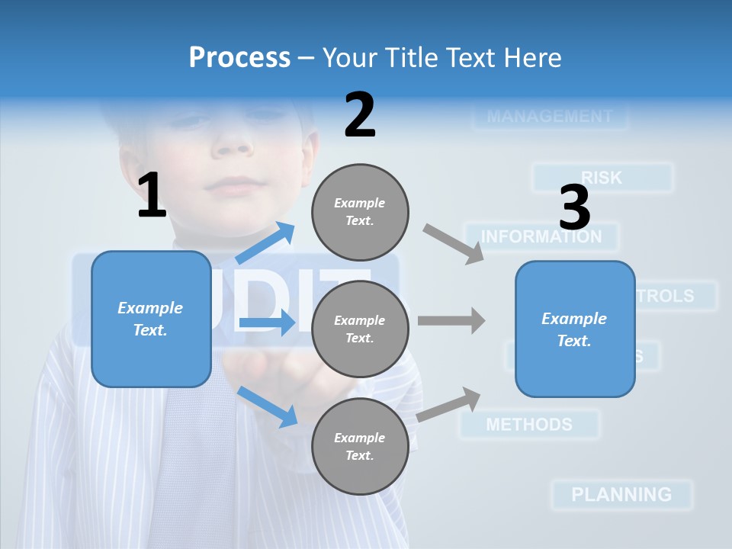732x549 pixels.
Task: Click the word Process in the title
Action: [x=239, y=58]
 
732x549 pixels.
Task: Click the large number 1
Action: [x=152, y=195]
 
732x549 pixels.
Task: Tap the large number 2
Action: [x=360, y=114]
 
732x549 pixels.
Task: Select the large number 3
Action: [x=575, y=207]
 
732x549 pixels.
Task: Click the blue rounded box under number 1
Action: [x=151, y=319]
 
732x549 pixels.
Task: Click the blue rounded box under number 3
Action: [x=575, y=329]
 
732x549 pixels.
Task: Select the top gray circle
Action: [x=360, y=212]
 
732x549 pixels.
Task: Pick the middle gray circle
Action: [x=360, y=329]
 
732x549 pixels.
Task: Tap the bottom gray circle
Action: [x=360, y=446]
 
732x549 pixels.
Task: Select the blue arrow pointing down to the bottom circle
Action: [x=268, y=406]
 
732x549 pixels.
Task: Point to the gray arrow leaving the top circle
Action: [x=453, y=243]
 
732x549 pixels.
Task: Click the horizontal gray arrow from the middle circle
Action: [x=451, y=320]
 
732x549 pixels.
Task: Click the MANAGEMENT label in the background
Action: [x=549, y=117]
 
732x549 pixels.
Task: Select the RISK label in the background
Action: [x=602, y=178]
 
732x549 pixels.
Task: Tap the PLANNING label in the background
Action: [x=621, y=494]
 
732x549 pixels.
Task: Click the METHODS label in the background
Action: [x=528, y=424]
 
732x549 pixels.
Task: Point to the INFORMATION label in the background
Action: [x=541, y=236]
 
